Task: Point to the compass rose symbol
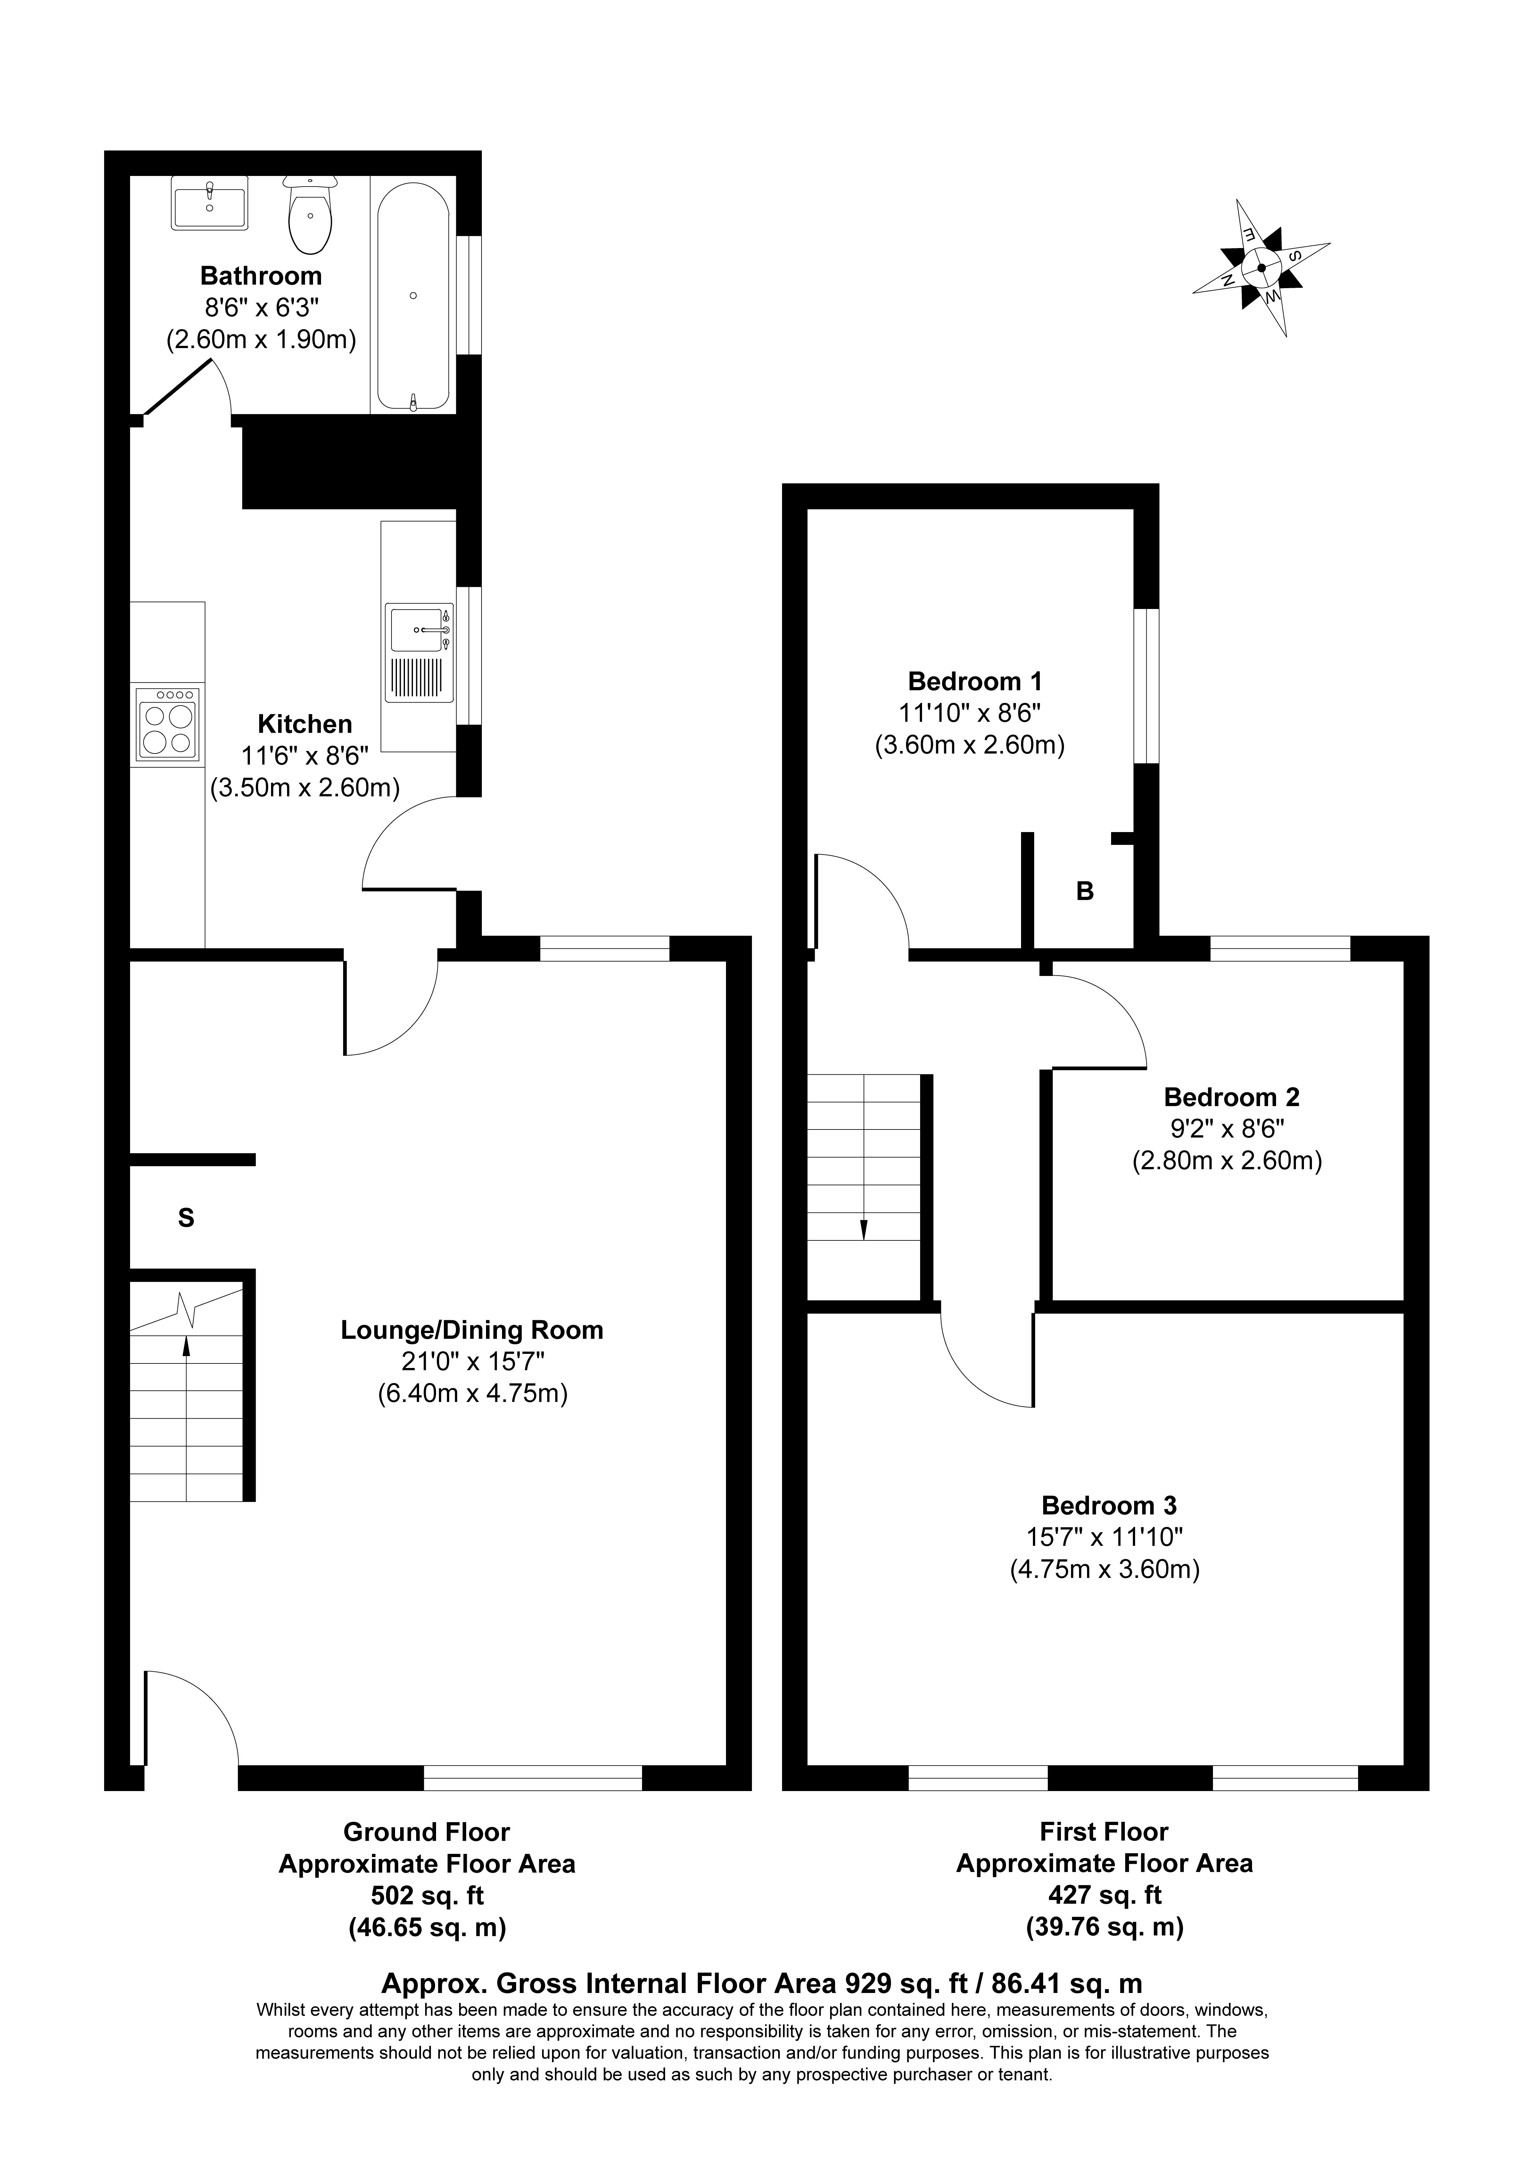pos(1262,267)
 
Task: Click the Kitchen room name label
pos(306,724)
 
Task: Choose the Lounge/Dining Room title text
pos(472,1330)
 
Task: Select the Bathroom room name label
pos(261,276)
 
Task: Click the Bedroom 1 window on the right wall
pos(1146,687)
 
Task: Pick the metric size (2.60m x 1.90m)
pos(261,339)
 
